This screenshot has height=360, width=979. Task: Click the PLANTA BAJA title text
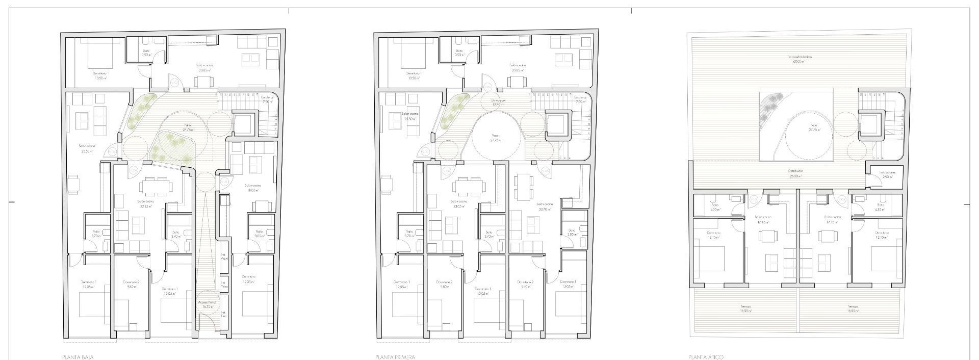click(x=78, y=357)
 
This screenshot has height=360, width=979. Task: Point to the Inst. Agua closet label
click(x=223, y=258)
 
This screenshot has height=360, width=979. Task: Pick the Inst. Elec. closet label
click(x=223, y=314)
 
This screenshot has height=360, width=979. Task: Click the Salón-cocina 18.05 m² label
click(x=253, y=187)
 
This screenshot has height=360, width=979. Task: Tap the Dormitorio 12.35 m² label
click(x=249, y=279)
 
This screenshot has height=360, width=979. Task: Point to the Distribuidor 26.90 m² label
click(x=795, y=173)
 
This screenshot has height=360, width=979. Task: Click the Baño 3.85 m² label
click(x=571, y=232)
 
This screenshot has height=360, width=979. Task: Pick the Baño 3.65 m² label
click(x=259, y=233)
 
